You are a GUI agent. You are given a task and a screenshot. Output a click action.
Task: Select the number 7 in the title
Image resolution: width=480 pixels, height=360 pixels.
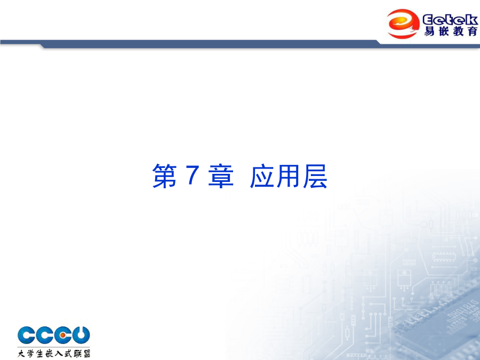[x=193, y=175]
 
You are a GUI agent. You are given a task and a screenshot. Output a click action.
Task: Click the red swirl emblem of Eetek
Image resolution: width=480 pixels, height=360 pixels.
[x=403, y=23]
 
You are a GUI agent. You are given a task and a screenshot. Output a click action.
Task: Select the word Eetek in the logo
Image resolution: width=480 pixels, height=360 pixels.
[x=450, y=20]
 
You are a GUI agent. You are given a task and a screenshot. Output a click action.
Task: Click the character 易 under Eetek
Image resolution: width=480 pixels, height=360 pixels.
[x=429, y=31]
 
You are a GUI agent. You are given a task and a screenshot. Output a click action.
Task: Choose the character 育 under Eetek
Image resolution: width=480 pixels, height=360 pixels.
[x=473, y=31]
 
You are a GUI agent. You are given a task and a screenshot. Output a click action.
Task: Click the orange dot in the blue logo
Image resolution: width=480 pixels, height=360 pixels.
[x=63, y=335]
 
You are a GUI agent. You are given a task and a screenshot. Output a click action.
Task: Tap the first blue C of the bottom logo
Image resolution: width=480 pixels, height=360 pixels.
[x=26, y=335]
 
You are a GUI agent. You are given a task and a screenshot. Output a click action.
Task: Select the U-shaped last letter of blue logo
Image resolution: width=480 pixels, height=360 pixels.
[x=81, y=335]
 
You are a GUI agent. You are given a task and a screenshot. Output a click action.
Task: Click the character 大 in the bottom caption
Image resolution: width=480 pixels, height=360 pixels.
[x=21, y=353]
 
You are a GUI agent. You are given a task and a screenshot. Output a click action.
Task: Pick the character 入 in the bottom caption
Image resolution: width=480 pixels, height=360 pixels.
[x=59, y=353]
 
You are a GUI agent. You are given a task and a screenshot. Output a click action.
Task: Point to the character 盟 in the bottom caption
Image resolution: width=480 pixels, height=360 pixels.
[x=86, y=353]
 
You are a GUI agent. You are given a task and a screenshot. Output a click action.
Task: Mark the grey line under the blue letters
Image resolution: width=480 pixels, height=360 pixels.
[x=54, y=347]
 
